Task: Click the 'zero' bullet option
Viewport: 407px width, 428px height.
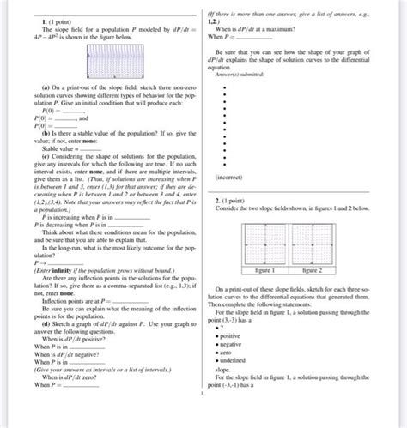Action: point(228,353)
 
